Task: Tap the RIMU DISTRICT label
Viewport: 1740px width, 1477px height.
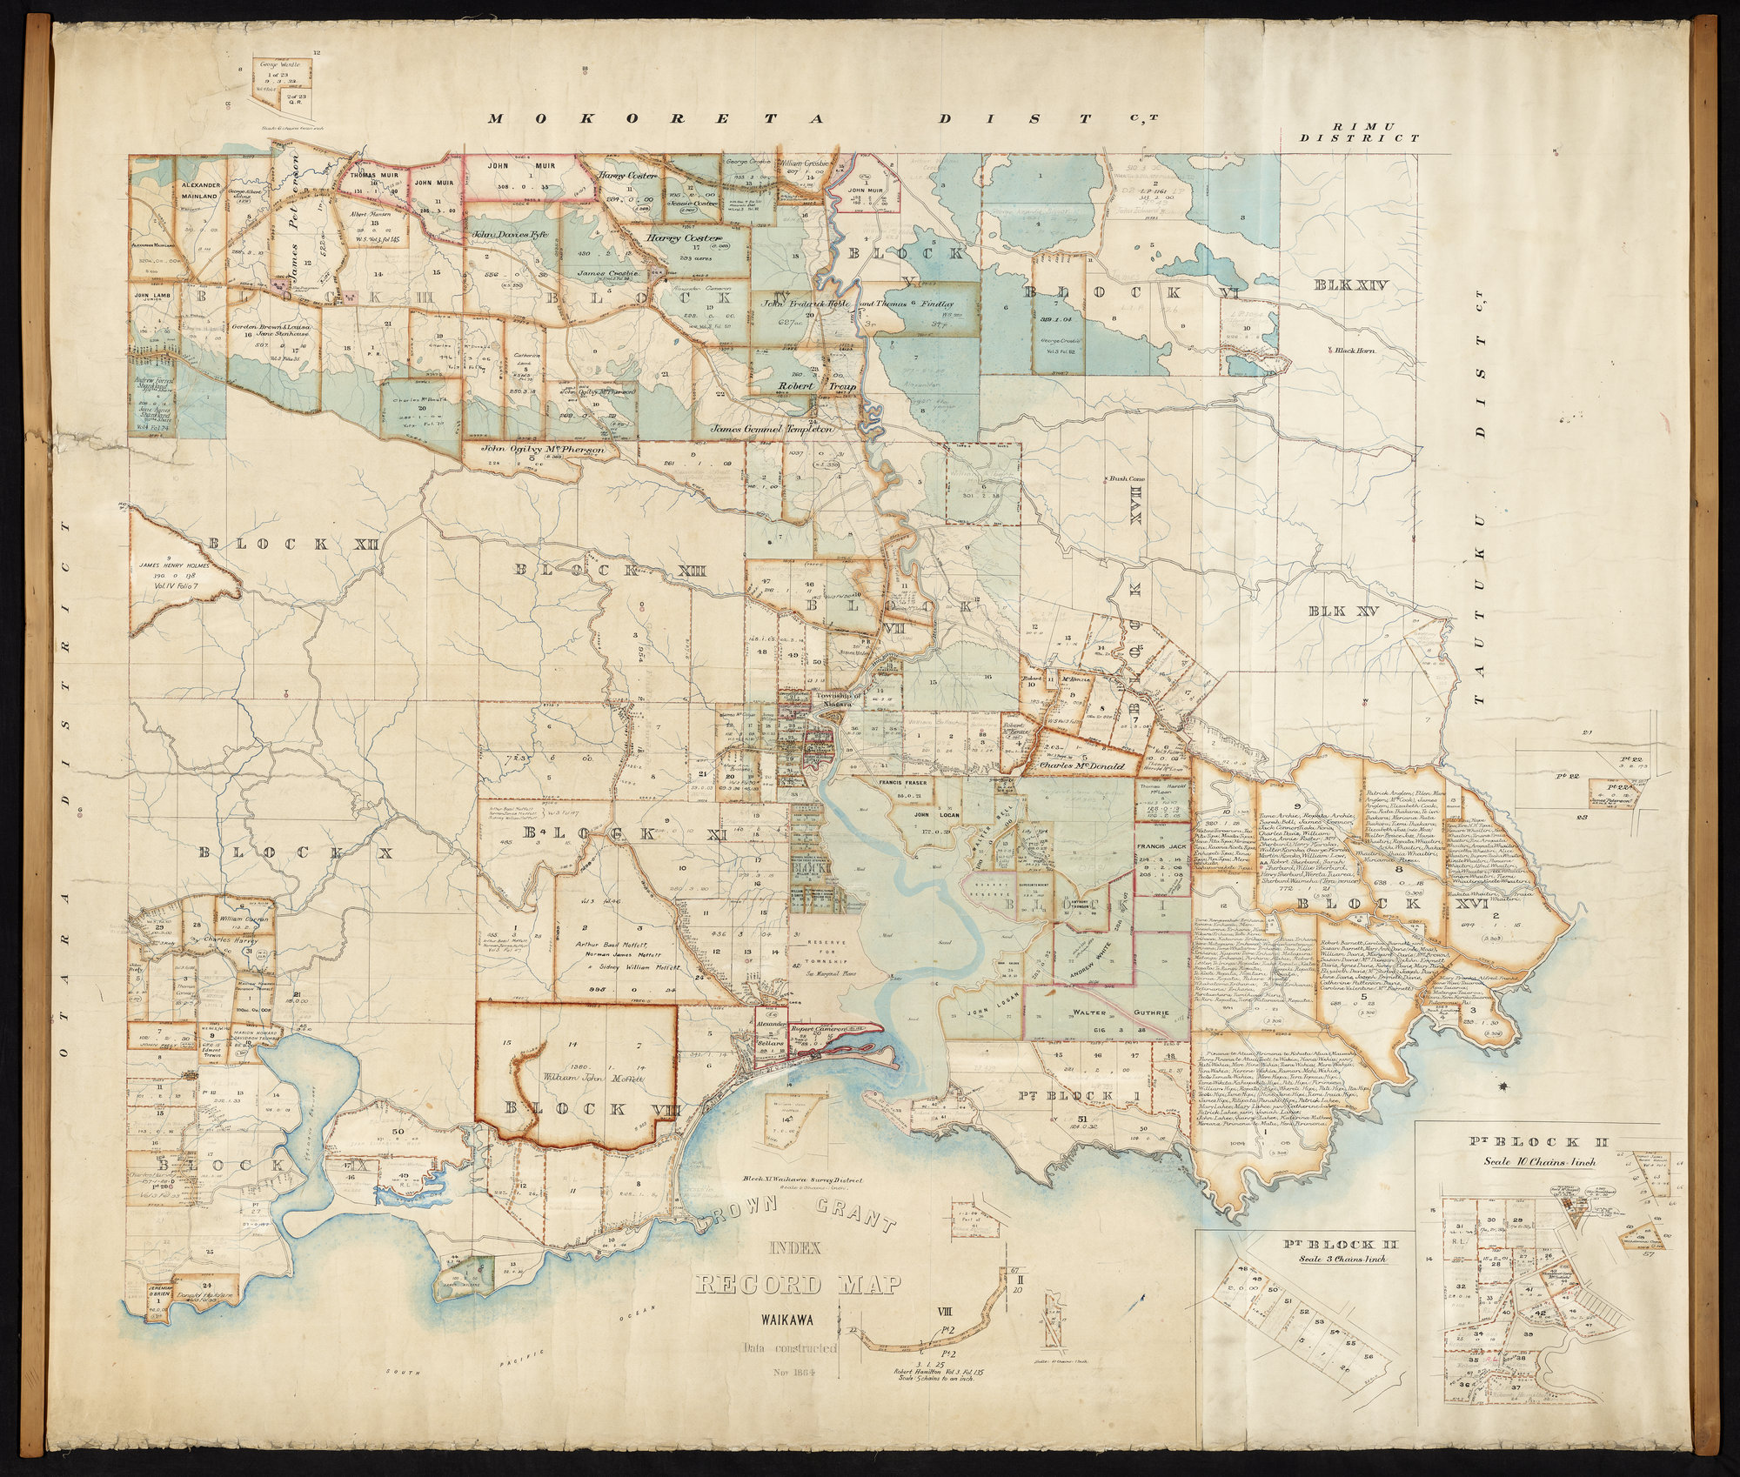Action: pos(1360,131)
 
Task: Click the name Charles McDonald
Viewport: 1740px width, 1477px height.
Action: pos(1081,766)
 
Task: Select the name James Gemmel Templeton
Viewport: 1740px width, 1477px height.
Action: pos(773,429)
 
